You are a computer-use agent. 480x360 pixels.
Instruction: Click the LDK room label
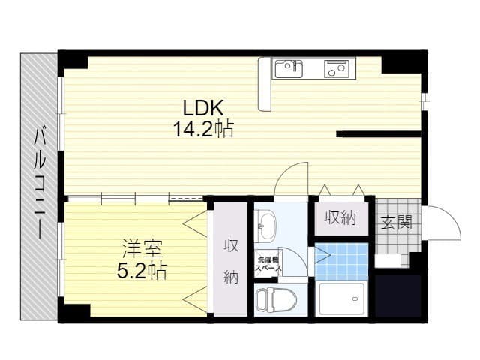[203, 107]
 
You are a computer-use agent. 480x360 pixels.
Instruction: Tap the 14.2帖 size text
[203, 128]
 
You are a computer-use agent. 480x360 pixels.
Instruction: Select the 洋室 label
[142, 249]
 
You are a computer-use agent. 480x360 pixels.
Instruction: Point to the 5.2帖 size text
[142, 271]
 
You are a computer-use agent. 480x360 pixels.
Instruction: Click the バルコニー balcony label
[40, 184]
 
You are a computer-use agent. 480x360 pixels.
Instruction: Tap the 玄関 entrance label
[397, 222]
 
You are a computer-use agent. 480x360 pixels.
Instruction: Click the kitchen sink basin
[289, 68]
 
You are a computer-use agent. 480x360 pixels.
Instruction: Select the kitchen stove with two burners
[337, 68]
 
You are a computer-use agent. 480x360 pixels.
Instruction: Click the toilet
[277, 299]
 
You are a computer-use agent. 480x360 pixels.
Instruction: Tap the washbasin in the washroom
[265, 226]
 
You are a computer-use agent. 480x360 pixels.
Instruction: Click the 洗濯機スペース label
[268, 264]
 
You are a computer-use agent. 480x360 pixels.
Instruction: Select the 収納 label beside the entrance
[340, 218]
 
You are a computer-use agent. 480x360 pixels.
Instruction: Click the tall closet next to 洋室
[230, 259]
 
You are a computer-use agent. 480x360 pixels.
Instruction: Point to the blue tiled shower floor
[341, 262]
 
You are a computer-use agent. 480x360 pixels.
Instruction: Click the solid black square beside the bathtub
[398, 296]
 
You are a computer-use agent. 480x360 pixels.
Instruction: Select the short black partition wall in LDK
[379, 134]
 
